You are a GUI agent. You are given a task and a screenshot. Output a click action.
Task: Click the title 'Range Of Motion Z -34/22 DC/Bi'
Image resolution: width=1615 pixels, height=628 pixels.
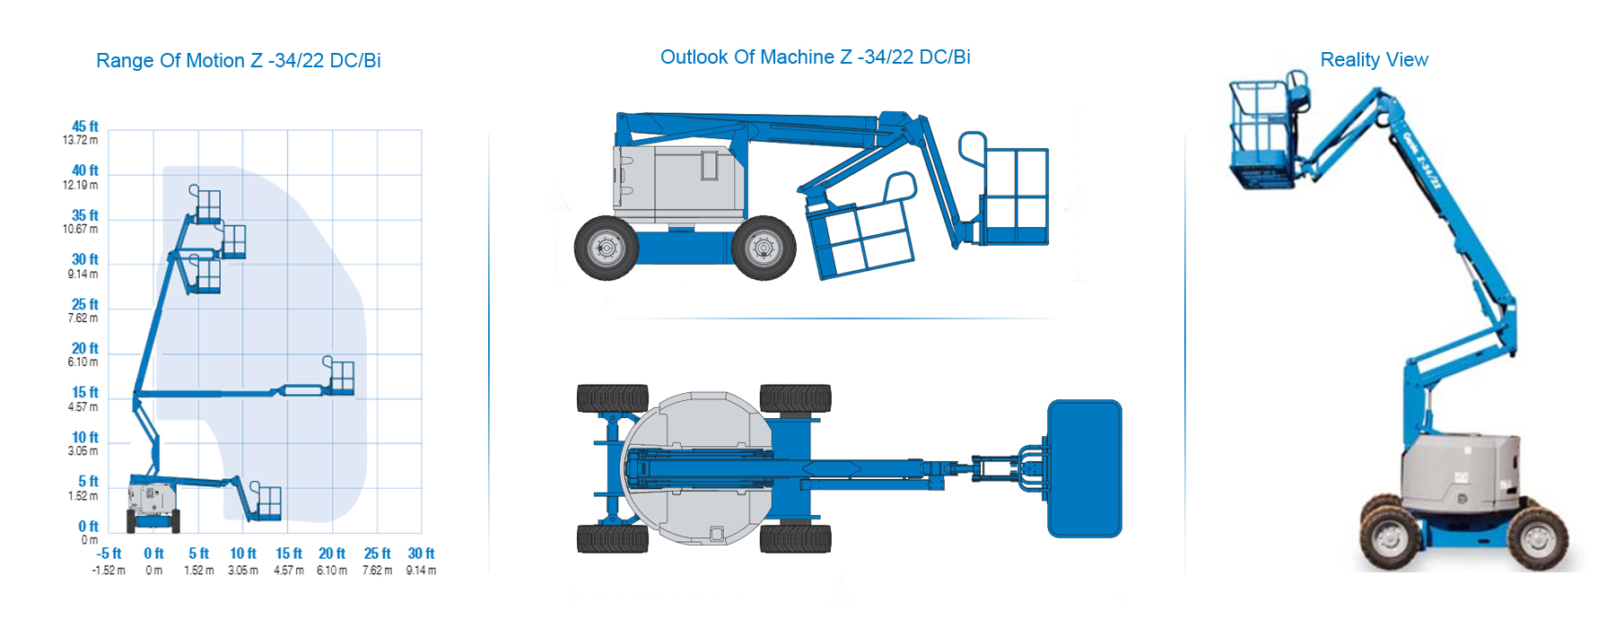(x=239, y=61)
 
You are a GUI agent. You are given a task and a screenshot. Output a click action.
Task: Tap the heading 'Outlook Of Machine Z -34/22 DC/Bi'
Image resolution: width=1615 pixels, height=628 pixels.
(x=816, y=57)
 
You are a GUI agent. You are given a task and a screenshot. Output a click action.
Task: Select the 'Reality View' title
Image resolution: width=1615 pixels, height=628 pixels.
(x=1374, y=60)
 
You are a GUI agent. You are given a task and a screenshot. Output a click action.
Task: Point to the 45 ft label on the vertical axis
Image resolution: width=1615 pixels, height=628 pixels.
(x=85, y=126)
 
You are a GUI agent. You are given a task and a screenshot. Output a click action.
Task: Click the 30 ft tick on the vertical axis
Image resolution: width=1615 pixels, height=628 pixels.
(x=85, y=260)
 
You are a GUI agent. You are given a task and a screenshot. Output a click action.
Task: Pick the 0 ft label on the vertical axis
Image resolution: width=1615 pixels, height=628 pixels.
(x=88, y=527)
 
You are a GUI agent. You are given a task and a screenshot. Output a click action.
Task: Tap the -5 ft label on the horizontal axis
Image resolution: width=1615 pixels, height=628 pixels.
(x=109, y=554)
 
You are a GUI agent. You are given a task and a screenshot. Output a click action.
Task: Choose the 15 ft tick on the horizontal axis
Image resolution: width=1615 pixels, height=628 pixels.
(x=289, y=554)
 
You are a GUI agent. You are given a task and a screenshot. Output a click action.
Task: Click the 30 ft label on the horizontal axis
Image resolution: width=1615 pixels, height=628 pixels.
(x=421, y=554)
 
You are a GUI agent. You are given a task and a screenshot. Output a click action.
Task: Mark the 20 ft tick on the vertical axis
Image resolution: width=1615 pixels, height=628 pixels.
(x=85, y=349)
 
